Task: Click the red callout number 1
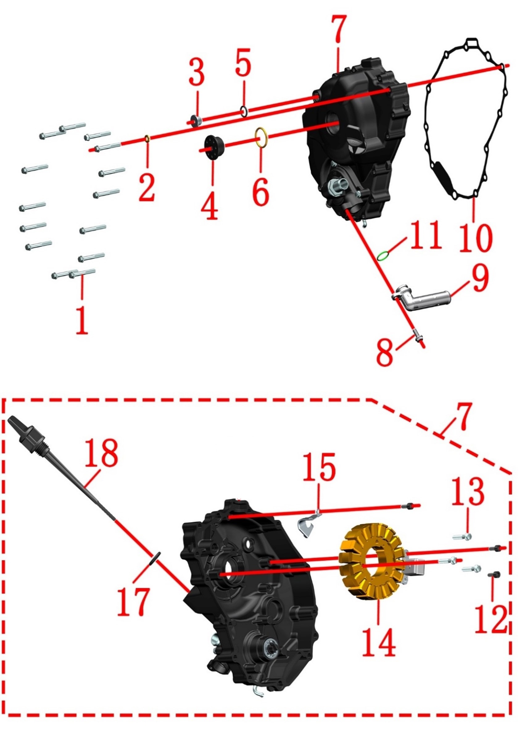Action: click(82, 320)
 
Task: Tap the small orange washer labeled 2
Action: click(147, 139)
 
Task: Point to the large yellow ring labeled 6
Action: click(262, 137)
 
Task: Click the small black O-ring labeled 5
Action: click(244, 111)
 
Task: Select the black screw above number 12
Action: click(494, 574)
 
